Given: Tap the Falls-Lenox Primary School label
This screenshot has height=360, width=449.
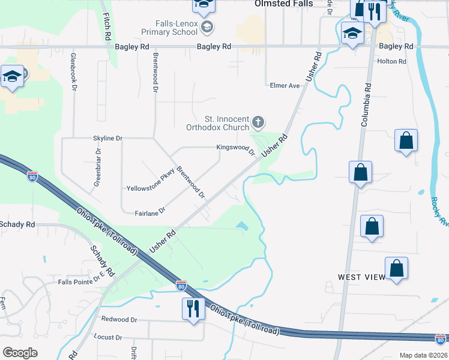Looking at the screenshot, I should point(169,27).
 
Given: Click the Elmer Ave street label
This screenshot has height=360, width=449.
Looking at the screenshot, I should point(285,86).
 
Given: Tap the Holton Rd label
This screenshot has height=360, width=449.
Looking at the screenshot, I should point(391,61).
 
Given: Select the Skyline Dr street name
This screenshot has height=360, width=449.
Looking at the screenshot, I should point(107,138).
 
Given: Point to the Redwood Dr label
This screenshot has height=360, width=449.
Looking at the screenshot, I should point(119,319).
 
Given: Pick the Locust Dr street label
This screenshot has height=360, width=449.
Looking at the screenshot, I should point(108,338).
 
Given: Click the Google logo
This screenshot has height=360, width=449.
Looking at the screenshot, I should point(20,353).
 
